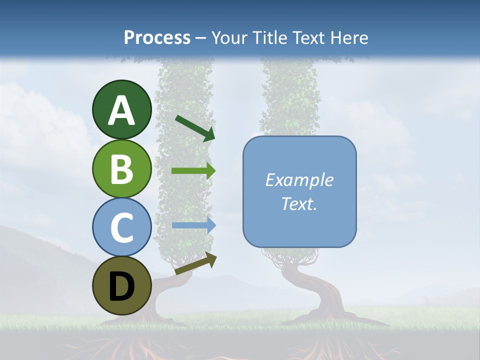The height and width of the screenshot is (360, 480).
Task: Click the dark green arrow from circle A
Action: point(195,128)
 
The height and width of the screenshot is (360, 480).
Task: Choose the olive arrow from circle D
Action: point(195,263)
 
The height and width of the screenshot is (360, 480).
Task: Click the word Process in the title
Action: point(157,37)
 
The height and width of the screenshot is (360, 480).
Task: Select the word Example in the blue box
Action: point(299,180)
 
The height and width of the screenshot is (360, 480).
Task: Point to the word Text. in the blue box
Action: point(299,203)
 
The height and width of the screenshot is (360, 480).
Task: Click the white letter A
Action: point(122,111)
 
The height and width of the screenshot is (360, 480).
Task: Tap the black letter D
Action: point(122,286)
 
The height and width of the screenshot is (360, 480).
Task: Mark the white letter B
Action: point(122,169)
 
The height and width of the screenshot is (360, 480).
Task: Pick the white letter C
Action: point(122,228)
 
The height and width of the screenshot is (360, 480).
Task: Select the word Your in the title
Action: point(227,37)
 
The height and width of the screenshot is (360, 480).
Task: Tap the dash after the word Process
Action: point(201,38)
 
